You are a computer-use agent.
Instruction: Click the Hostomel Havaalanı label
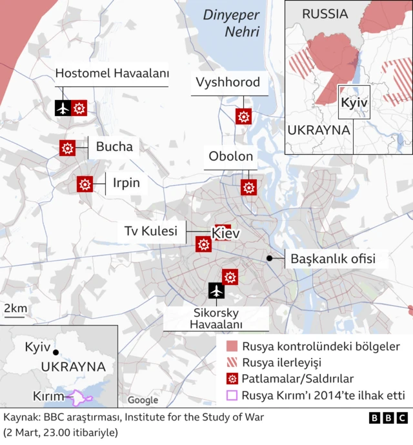112,74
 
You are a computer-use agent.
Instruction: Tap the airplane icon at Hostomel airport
63,108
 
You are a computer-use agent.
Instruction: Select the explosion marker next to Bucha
67,148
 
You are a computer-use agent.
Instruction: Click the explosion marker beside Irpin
84,184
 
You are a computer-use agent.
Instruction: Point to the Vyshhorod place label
229,82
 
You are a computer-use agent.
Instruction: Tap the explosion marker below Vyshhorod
243,116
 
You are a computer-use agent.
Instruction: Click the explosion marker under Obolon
248,187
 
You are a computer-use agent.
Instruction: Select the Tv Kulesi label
151,231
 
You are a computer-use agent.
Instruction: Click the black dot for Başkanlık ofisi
269,259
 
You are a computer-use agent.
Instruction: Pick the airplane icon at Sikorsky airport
216,291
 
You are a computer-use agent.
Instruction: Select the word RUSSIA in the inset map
325,14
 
